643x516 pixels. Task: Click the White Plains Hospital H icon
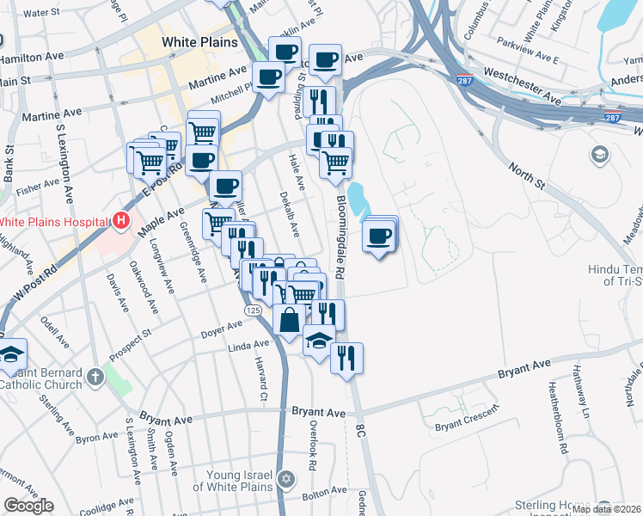pyautogui.click(x=121, y=221)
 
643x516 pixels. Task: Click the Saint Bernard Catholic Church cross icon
pyautogui.click(x=95, y=376)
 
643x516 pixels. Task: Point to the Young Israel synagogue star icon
pyautogui.click(x=286, y=478)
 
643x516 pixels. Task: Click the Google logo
pyautogui.click(x=28, y=506)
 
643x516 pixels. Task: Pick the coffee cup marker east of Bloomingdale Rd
pyautogui.click(x=379, y=236)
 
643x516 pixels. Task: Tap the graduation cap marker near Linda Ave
pyautogui.click(x=319, y=341)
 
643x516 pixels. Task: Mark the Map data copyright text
pyautogui.click(x=606, y=509)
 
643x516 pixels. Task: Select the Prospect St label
pyautogui.click(x=131, y=331)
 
